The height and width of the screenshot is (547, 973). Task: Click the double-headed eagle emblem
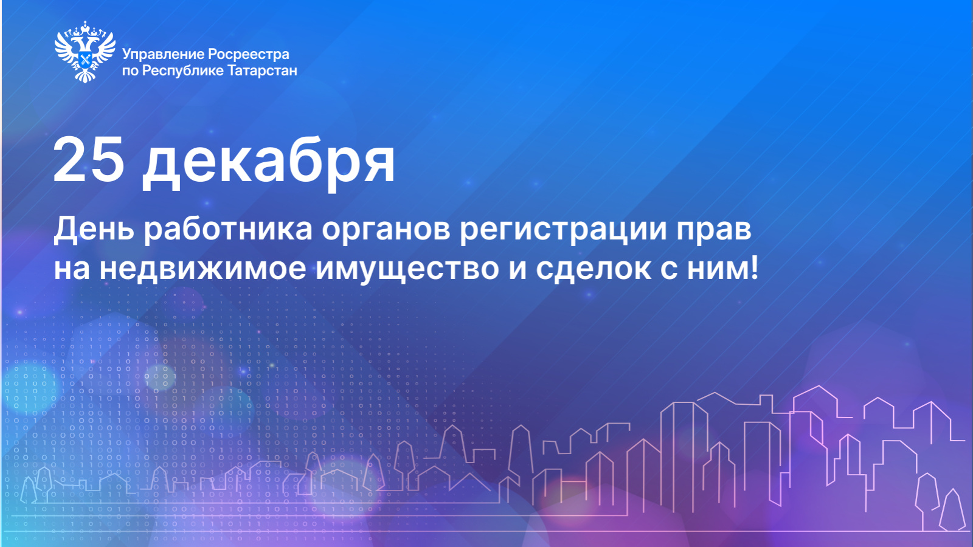85,52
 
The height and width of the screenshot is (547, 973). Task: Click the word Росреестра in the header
249,55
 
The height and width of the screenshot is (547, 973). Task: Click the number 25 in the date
89,161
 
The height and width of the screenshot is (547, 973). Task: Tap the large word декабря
269,163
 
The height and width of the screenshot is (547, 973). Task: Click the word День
94,229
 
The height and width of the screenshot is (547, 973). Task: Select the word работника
228,230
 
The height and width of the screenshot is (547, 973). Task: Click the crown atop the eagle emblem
85,27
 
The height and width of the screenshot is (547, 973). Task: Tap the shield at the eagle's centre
85,61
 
